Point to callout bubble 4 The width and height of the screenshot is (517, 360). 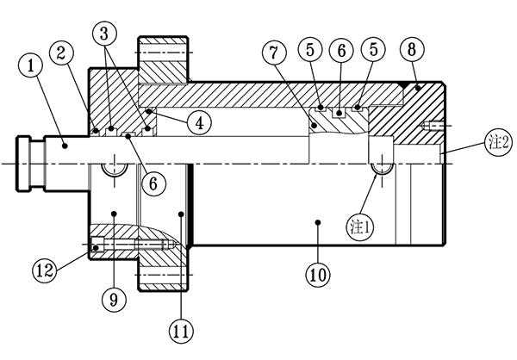point(198,123)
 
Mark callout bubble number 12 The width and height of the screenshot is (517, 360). point(46,269)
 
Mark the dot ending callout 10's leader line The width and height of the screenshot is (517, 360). point(318,221)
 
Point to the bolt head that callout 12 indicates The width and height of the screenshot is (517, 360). point(97,246)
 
